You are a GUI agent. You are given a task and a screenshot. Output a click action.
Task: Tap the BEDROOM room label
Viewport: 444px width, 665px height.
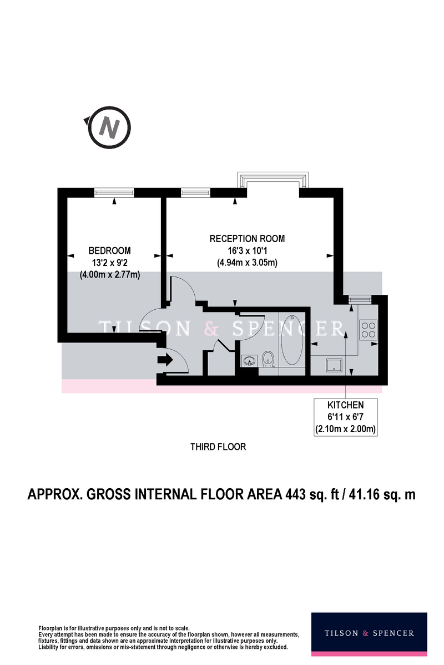pos(109,250)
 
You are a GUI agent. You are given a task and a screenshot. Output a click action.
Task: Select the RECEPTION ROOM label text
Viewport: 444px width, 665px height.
pos(247,239)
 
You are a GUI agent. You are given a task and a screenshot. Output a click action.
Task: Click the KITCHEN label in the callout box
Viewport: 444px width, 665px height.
pos(345,405)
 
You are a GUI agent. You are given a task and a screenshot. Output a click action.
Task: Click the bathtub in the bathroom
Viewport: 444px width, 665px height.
pos(292,340)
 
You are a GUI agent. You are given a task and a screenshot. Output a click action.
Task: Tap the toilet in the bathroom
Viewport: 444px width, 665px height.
pos(268,359)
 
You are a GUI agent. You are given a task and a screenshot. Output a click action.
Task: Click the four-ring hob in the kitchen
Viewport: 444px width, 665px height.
pos(369,330)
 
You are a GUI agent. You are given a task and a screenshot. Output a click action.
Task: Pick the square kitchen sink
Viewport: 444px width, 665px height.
pos(334,365)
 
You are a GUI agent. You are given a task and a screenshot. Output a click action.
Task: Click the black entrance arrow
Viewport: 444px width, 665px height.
pos(165,360)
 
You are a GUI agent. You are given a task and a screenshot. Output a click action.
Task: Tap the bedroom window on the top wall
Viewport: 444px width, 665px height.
pos(114,193)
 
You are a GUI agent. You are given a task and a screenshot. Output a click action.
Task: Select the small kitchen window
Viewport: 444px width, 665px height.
pos(360,300)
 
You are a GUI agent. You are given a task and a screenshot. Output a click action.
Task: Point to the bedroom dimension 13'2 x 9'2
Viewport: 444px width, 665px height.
pos(110,263)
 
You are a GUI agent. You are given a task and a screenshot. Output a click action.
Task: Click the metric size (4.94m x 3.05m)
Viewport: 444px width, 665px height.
pos(247,263)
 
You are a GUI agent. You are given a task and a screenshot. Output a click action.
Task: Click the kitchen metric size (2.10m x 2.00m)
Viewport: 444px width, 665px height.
pos(345,429)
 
